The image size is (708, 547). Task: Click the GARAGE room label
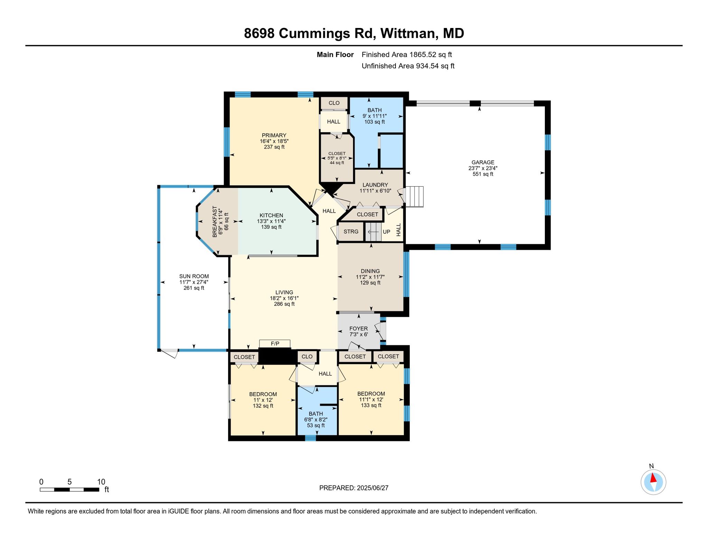pyautogui.click(x=483, y=162)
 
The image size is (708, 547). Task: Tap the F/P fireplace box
pyautogui.click(x=275, y=344)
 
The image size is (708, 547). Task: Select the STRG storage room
pyautogui.click(x=351, y=232)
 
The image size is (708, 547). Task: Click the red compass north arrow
pyautogui.click(x=653, y=478)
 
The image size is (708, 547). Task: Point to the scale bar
pyautogui.click(x=69, y=489)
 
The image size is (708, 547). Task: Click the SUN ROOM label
pyautogui.click(x=194, y=276)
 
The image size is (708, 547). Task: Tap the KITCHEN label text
pyautogui.click(x=271, y=215)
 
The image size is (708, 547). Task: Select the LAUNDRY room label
pyautogui.click(x=375, y=185)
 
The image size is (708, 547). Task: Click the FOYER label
pyautogui.click(x=358, y=329)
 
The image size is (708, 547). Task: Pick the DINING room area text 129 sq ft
pyautogui.click(x=370, y=283)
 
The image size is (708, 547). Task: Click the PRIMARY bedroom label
pyautogui.click(x=274, y=135)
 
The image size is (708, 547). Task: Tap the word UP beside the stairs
pyautogui.click(x=386, y=232)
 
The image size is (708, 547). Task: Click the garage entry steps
pyautogui.click(x=414, y=197)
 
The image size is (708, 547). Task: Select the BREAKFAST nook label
pyautogui.click(x=215, y=221)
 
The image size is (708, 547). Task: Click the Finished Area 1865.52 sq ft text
pyautogui.click(x=407, y=55)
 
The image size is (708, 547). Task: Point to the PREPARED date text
pyautogui.click(x=354, y=488)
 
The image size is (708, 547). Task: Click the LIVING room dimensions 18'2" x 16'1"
pyautogui.click(x=284, y=298)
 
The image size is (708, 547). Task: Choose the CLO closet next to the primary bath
pyautogui.click(x=334, y=103)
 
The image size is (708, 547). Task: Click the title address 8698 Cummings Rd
pyautogui.click(x=309, y=34)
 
